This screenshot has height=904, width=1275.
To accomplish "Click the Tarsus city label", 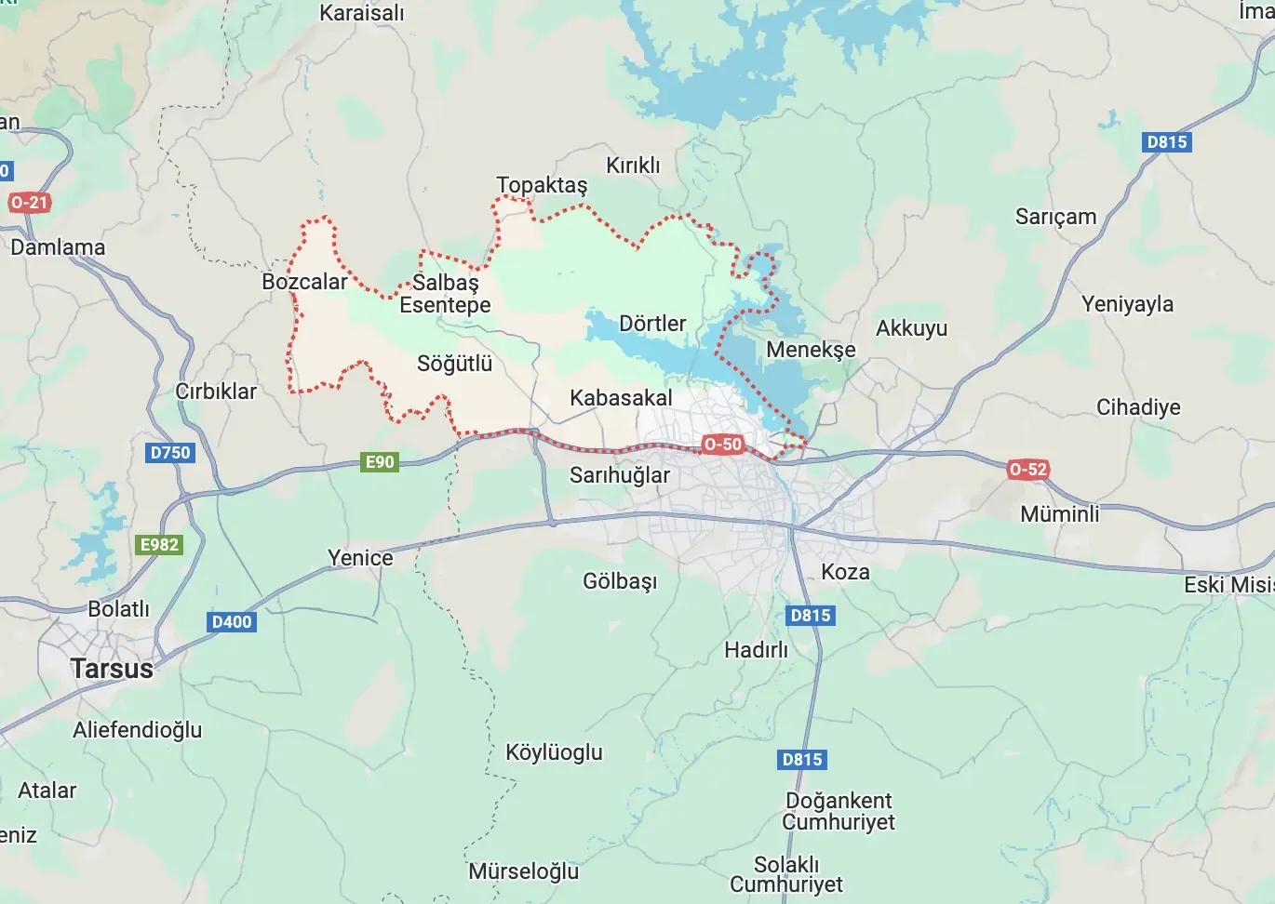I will (x=112, y=669).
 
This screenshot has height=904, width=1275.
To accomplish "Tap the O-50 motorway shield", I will (x=723, y=445).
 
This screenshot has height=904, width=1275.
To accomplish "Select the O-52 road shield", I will (x=1027, y=470).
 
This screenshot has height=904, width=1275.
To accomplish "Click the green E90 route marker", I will (x=380, y=462).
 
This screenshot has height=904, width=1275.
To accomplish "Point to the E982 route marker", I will (x=159, y=545).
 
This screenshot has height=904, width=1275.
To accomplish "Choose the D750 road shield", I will (x=170, y=453).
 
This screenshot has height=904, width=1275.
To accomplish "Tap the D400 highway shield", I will (x=232, y=622).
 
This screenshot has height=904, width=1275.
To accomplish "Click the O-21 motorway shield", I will (x=29, y=203).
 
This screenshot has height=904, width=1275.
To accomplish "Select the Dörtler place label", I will (x=652, y=324).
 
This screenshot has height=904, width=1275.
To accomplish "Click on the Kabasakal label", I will (x=621, y=398).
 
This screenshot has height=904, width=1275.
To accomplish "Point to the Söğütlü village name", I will (x=454, y=364).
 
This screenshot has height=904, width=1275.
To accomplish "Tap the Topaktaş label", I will (x=542, y=185).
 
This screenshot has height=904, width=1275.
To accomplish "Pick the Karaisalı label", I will (x=362, y=13).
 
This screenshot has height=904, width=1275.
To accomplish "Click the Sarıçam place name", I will (x=1055, y=217).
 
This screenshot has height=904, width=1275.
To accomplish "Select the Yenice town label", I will (x=360, y=558).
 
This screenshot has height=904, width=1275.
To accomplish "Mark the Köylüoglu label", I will (x=554, y=752).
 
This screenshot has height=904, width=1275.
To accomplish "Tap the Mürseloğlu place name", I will (x=523, y=871).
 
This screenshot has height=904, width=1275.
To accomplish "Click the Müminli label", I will (x=1059, y=514).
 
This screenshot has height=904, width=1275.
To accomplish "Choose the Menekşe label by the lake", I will (x=811, y=350).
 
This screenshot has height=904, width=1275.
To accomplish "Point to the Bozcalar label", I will (x=304, y=282).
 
